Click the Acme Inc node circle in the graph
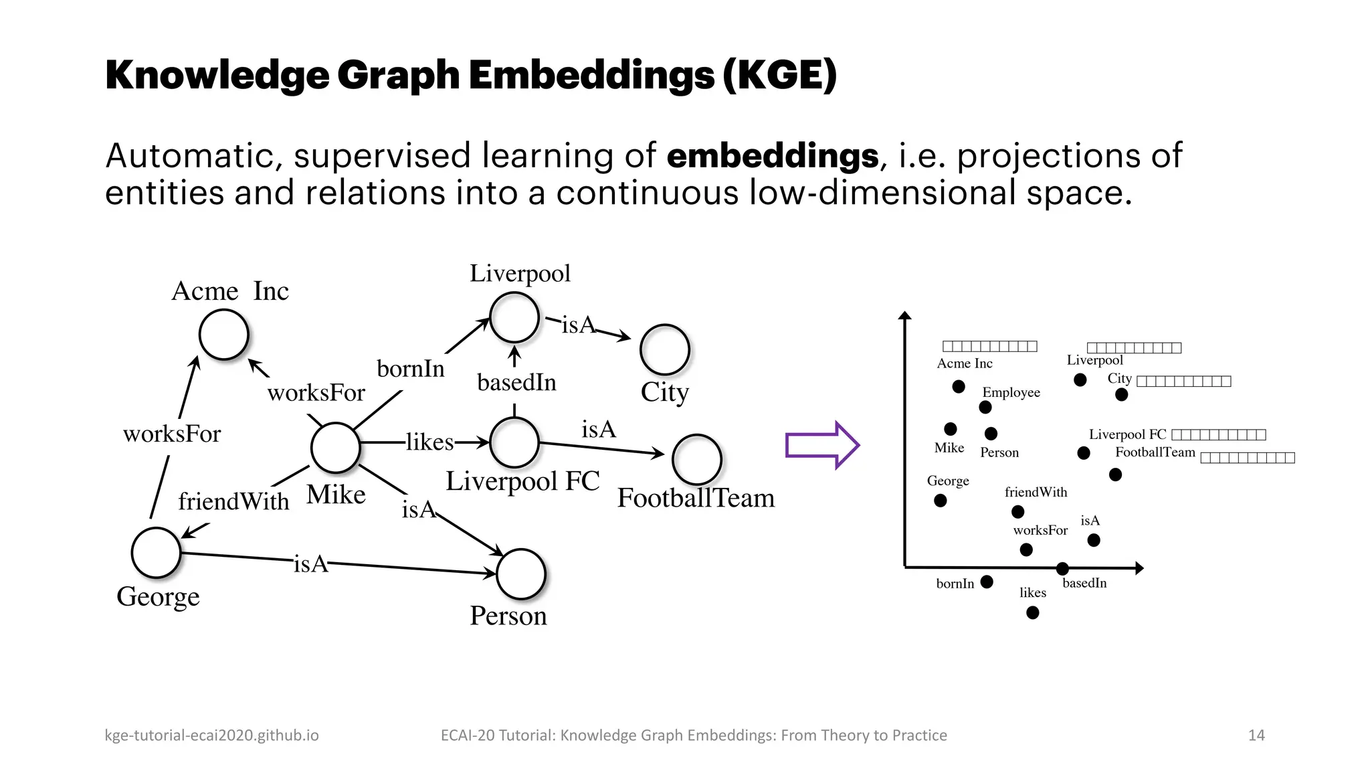click(224, 335)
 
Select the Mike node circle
click(336, 448)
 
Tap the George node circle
click(157, 553)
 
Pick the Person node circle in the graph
click(521, 574)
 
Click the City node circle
click(665, 350)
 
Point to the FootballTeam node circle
click(697, 460)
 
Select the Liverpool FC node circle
click(514, 442)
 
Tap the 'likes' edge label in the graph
click(429, 442)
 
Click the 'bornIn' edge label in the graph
click(410, 369)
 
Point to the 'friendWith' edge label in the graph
click(233, 501)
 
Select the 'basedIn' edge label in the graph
click(516, 383)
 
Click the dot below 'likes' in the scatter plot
click(1033, 612)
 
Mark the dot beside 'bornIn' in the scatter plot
click(987, 582)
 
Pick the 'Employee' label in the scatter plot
click(1011, 392)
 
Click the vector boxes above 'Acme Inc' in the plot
click(989, 346)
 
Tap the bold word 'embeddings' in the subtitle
click(773, 156)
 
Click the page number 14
click(1256, 735)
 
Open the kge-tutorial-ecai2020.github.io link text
click(211, 735)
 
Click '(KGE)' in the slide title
click(779, 75)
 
